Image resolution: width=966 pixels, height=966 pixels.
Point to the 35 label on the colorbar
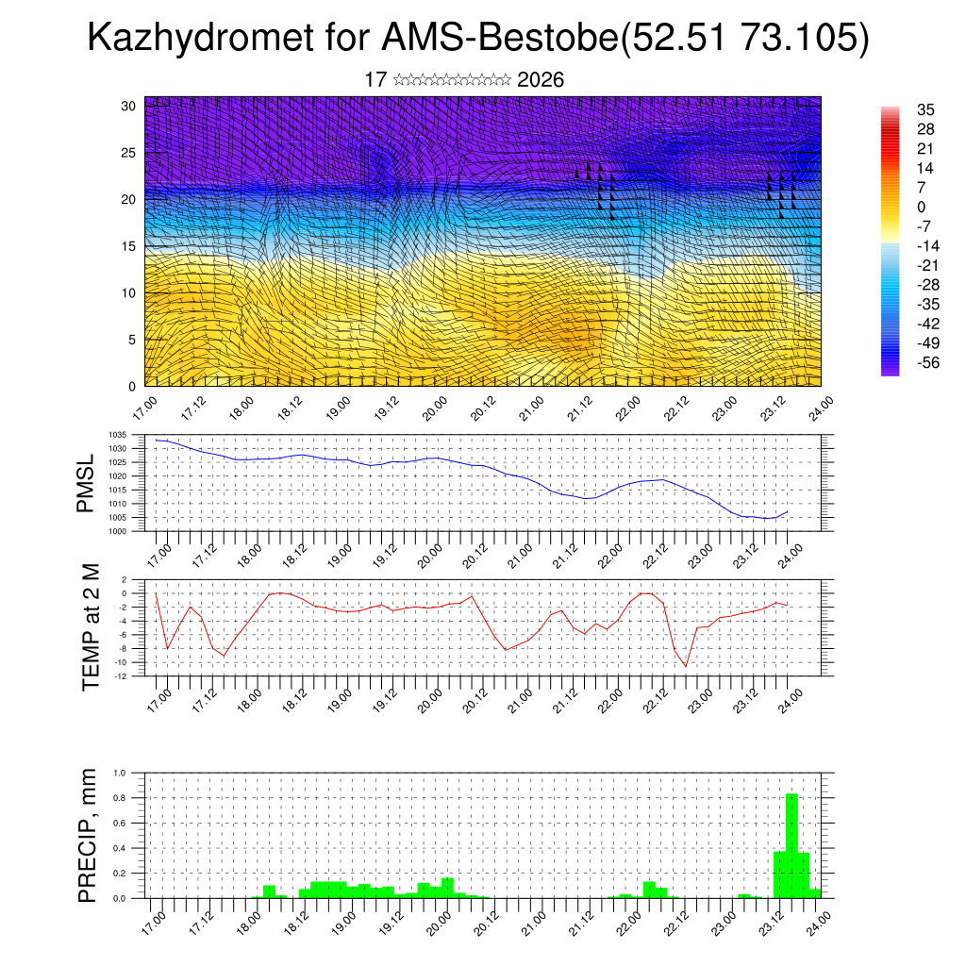coord(898,109)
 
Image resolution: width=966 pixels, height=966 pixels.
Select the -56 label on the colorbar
coord(901,363)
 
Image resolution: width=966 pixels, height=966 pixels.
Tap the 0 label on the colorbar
coord(894,207)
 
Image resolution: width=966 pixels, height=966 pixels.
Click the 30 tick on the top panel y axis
coord(129,106)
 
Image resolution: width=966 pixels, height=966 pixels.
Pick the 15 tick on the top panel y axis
coord(129,246)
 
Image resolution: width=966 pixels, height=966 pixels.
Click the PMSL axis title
coord(87,483)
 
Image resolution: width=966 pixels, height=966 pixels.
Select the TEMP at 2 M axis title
coord(91,626)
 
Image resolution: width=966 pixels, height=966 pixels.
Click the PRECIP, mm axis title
coord(88,835)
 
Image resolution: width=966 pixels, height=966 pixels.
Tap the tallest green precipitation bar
coord(791,845)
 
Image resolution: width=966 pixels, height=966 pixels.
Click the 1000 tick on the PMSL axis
coord(117,531)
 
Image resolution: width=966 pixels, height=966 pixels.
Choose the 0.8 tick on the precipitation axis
coord(120,797)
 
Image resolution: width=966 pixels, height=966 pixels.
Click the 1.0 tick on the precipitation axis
coord(120,772)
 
